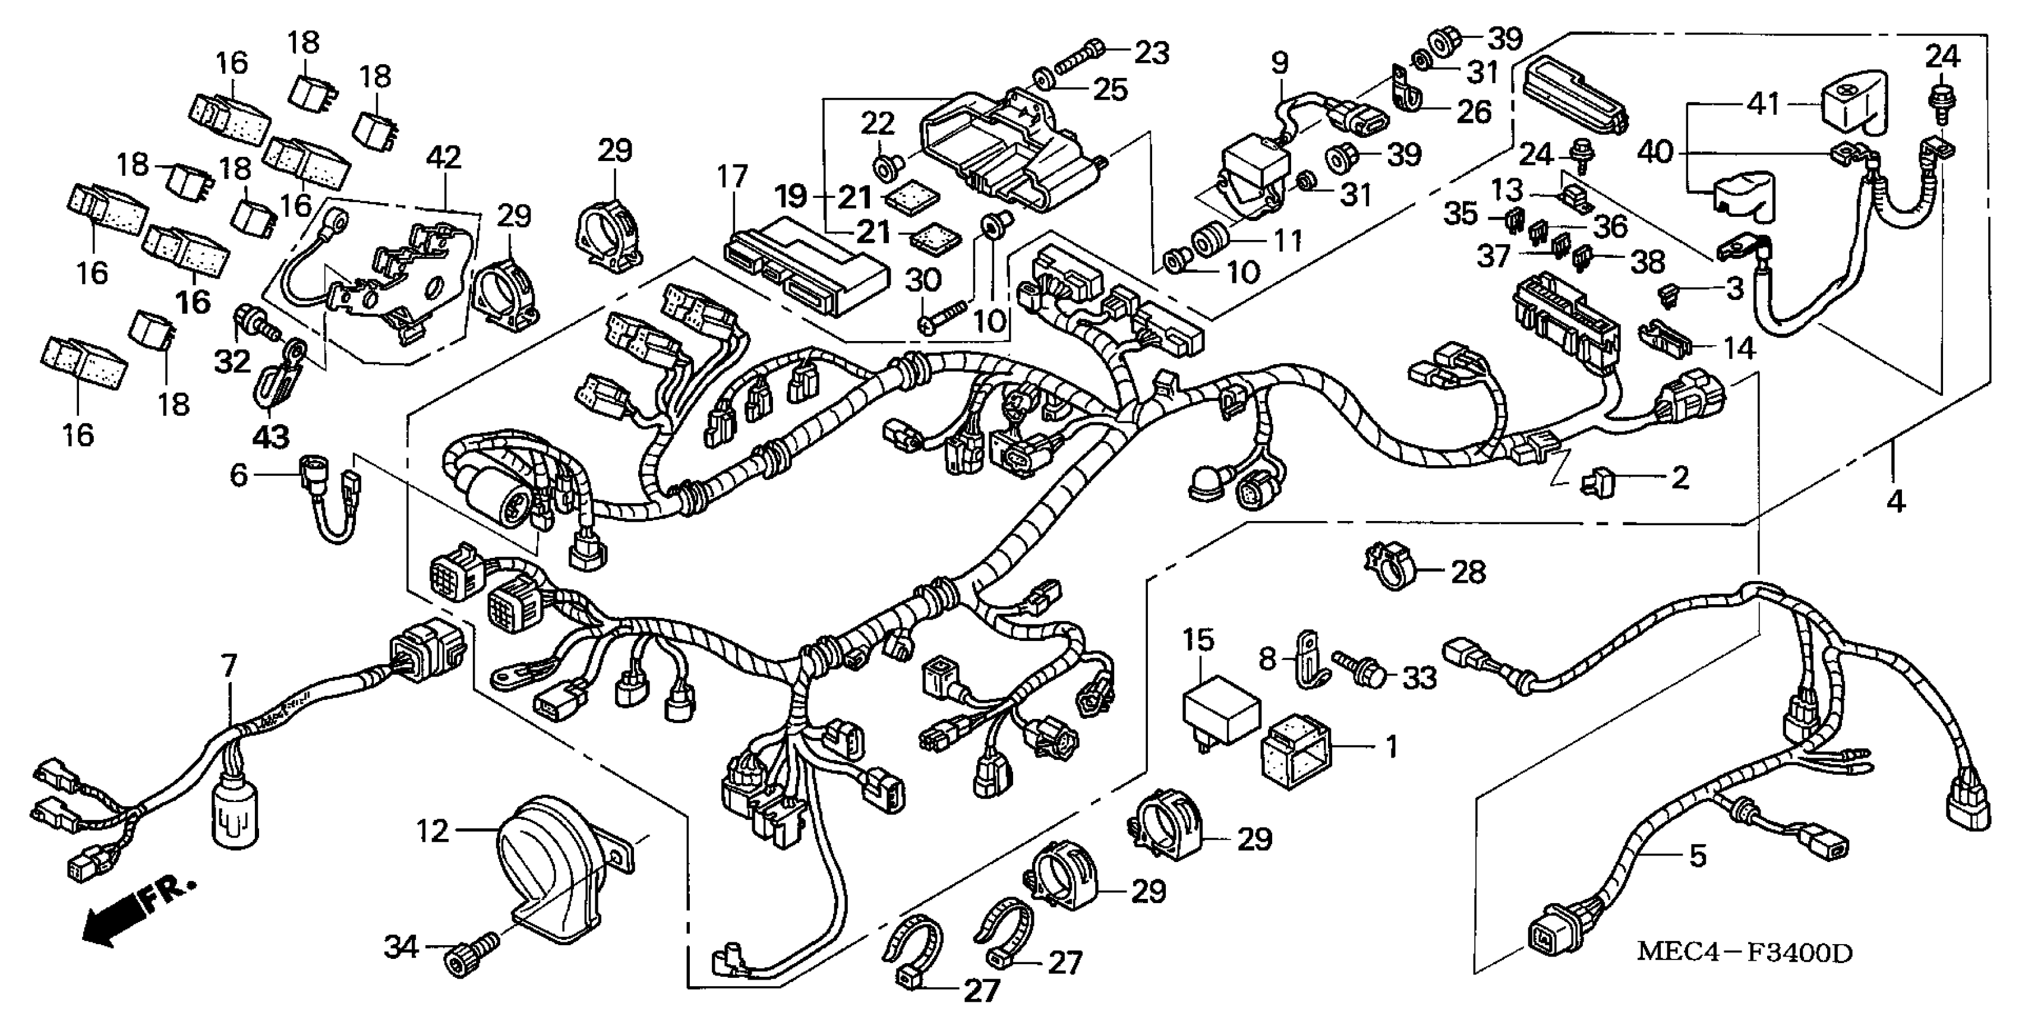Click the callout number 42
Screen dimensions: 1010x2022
[443, 158]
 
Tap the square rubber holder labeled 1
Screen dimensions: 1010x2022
[1295, 751]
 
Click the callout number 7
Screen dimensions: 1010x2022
[228, 666]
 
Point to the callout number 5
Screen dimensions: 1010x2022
[1697, 854]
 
